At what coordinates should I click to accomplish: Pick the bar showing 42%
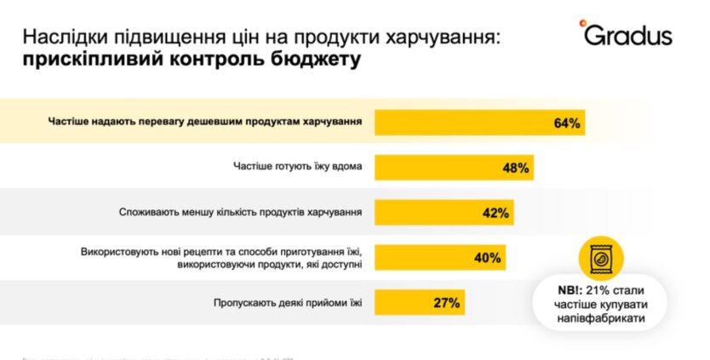(444, 213)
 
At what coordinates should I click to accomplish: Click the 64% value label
(566, 123)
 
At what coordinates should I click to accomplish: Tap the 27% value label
(446, 302)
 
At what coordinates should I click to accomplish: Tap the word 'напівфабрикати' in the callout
(601, 319)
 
